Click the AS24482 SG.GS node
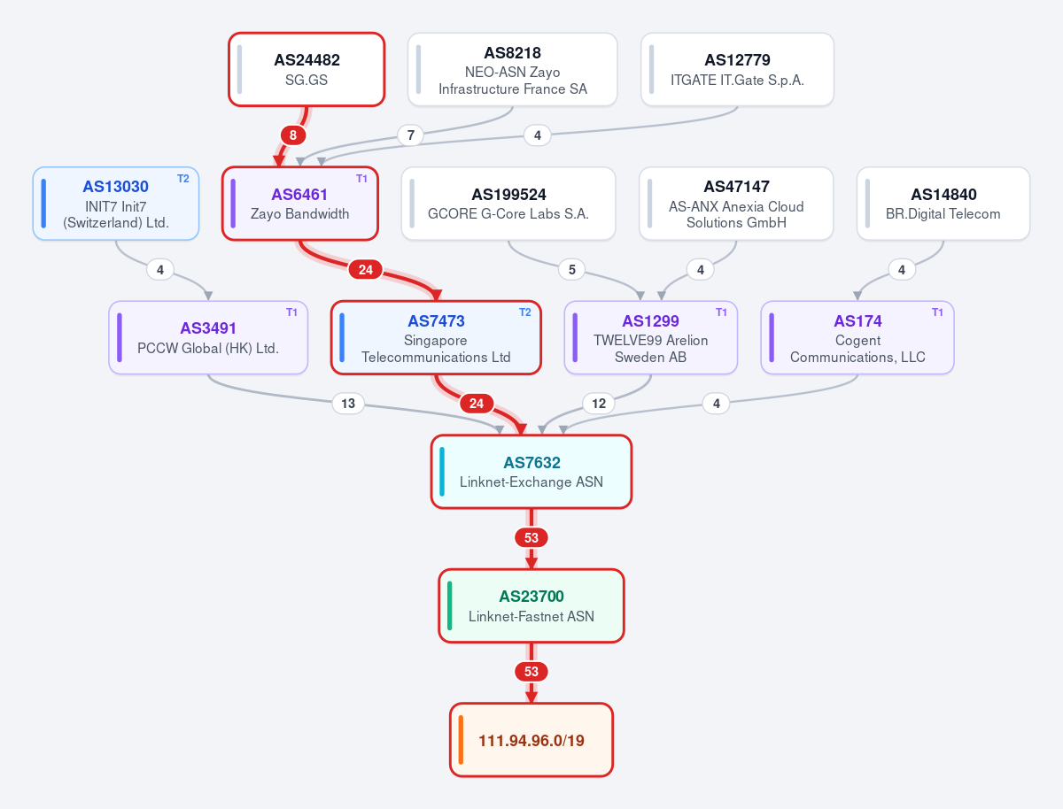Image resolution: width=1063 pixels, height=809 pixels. [306, 69]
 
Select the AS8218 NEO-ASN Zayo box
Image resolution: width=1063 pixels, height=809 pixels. [512, 69]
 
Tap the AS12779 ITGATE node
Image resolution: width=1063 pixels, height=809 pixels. [737, 69]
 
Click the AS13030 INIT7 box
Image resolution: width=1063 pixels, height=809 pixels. [116, 204]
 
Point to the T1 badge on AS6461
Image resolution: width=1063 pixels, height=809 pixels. [361, 179]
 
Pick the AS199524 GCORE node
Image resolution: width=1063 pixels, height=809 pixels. [508, 204]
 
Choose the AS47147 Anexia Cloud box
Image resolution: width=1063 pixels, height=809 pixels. [736, 204]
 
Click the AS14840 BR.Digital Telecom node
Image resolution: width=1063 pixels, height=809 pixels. [943, 204]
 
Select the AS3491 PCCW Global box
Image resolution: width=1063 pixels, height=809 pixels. [208, 337]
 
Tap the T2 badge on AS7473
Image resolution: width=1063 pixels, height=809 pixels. [525, 312]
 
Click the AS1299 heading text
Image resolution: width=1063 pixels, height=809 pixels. [650, 320]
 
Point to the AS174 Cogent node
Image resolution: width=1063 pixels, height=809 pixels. [857, 337]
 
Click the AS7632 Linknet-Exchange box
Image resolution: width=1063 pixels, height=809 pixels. [531, 471]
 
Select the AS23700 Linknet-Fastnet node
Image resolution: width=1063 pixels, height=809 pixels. [531, 605]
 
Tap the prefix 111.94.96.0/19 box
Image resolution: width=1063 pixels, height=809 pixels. [531, 740]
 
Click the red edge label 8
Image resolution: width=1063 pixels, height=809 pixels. [293, 135]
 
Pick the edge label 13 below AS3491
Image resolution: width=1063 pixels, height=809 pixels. [348, 404]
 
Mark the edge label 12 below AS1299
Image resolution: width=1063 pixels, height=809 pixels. [599, 404]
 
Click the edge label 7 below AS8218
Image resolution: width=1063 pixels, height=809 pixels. [411, 135]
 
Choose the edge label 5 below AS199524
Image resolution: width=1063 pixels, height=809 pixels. [572, 269]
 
